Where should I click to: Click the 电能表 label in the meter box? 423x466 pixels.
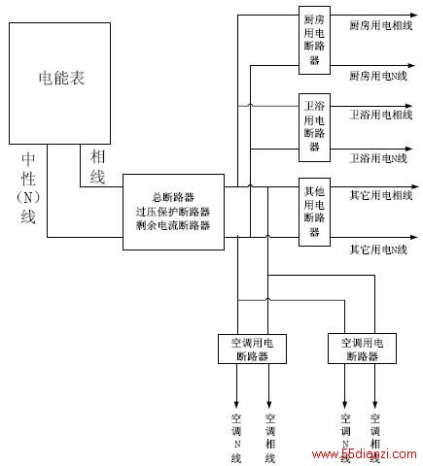tap(61, 78)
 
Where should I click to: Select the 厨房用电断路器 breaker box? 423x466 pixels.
tap(314, 40)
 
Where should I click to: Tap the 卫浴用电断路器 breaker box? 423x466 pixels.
tap(314, 127)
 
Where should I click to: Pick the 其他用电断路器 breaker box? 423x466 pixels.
tap(314, 212)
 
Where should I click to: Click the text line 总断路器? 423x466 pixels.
tap(173, 197)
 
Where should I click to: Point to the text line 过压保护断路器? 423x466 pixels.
tap(173, 212)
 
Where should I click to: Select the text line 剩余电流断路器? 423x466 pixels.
tap(173, 225)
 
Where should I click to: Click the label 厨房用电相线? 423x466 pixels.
tap(381, 25)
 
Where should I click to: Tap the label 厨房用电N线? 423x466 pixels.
tap(378, 76)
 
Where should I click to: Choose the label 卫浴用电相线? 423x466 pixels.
tap(381, 115)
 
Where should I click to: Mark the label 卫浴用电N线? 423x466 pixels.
tap(378, 158)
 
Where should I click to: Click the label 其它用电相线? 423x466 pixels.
tap(381, 195)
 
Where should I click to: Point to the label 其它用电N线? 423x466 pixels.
tap(378, 250)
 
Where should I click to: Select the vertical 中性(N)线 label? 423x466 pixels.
tap(28, 188)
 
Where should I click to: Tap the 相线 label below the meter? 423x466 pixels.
tap(97, 167)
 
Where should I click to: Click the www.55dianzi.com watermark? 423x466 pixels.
tap(364, 454)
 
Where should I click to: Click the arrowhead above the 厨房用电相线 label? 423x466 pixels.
tap(414, 15)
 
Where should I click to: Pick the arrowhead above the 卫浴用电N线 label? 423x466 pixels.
tap(408, 149)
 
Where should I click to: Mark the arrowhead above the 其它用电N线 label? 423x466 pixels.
tap(414, 237)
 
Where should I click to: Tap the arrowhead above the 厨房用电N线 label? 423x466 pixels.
tap(411, 65)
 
